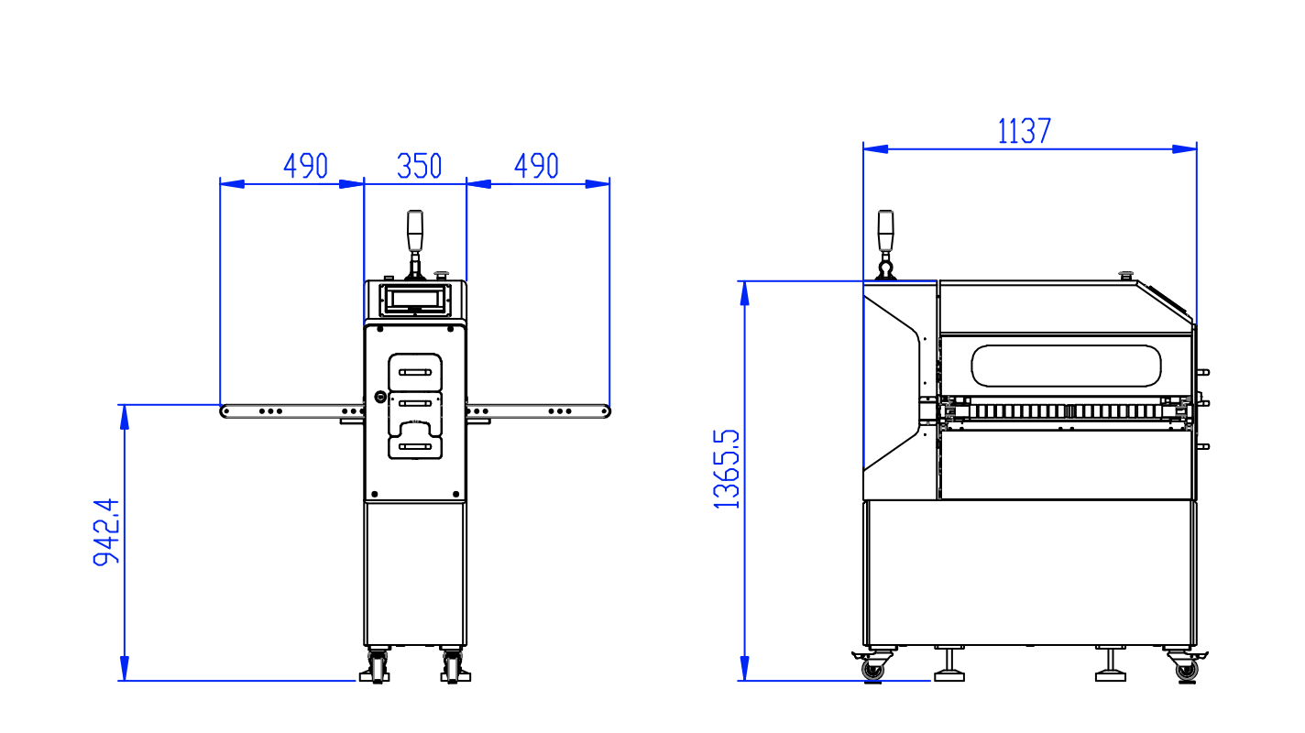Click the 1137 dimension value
1024,132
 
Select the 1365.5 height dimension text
728,467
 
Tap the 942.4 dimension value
106,532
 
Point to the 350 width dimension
419,167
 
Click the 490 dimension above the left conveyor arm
305,167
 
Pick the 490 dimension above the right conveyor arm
536,167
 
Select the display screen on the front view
415,298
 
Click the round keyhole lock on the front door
380,397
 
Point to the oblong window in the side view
1066,366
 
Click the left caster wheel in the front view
378,668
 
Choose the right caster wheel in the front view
453,668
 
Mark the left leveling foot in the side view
949,667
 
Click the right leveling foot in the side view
1111,667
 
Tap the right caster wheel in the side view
1186,670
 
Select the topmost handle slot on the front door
415,372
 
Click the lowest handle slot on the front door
415,446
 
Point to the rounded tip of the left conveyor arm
225,411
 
